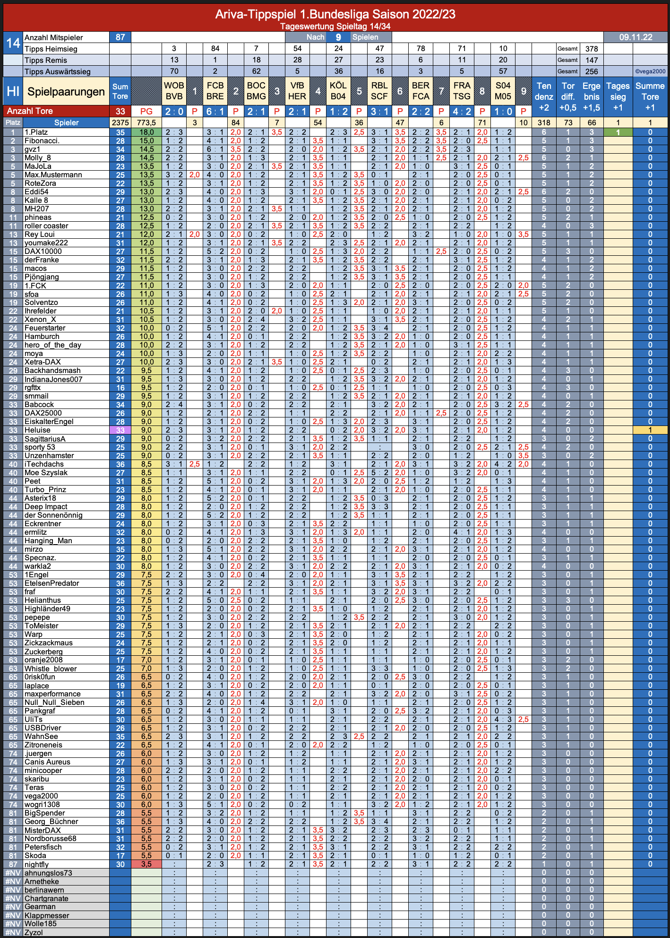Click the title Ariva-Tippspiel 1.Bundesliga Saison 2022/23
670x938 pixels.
[x=335, y=14]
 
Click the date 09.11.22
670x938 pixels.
[x=636, y=37]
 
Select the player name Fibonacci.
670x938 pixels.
[x=42, y=141]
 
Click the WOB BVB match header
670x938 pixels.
[x=174, y=91]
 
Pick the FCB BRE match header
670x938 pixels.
[x=215, y=91]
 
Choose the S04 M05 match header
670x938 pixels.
[x=503, y=91]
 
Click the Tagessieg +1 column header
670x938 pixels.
[x=618, y=96]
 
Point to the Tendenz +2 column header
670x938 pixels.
[x=544, y=96]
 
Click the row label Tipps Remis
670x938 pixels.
[x=46, y=60]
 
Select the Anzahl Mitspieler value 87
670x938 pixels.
[x=120, y=37]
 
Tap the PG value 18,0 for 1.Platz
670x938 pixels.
[x=146, y=132]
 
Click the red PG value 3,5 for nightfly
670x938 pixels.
[x=146, y=864]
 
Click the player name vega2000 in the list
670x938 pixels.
[x=41, y=796]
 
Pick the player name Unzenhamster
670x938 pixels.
[x=49, y=456]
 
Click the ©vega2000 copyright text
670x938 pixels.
[x=650, y=71]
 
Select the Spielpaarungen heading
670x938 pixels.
[x=66, y=92]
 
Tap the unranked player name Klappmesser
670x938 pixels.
[x=47, y=915]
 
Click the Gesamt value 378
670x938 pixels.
[x=592, y=49]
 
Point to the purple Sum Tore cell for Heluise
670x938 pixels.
[x=120, y=430]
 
